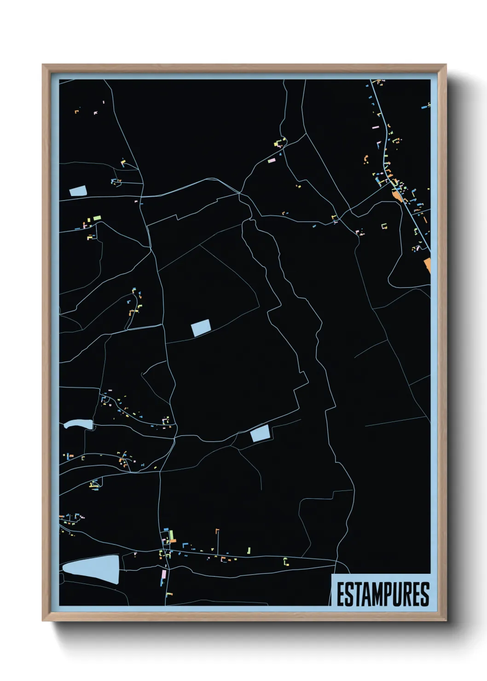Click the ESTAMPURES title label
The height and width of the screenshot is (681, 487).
click(x=382, y=594)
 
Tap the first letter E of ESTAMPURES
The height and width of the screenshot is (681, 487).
click(x=340, y=594)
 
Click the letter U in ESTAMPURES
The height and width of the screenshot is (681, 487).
click(x=394, y=594)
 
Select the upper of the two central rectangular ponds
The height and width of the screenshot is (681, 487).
click(x=201, y=328)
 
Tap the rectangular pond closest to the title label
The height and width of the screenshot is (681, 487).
click(x=260, y=434)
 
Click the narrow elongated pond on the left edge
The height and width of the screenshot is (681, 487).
click(x=78, y=425)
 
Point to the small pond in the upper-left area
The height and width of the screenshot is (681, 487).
click(x=77, y=191)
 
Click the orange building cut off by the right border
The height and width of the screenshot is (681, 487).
click(x=428, y=265)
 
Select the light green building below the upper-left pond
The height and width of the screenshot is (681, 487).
click(x=97, y=218)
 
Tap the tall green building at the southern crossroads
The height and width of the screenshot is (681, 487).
click(x=172, y=536)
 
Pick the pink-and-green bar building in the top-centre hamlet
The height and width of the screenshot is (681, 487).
click(x=272, y=160)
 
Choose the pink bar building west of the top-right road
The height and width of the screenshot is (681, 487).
click(x=375, y=127)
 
